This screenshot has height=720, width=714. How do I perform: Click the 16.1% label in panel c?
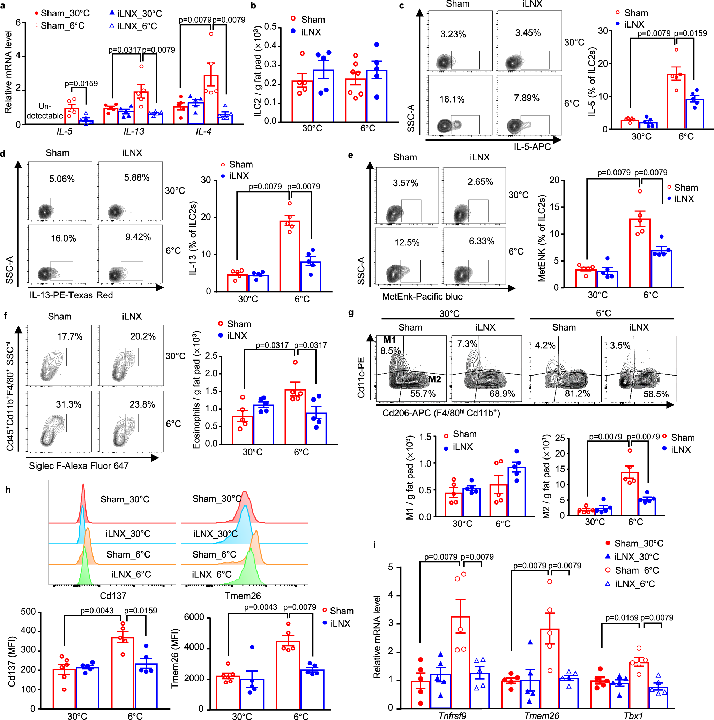click(x=452, y=99)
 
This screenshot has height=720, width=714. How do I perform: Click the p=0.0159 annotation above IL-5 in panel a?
click(x=81, y=84)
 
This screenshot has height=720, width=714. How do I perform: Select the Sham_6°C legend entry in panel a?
click(x=62, y=26)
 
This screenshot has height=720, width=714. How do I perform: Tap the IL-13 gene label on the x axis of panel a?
click(x=134, y=131)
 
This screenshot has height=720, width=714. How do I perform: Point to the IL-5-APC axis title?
click(x=532, y=147)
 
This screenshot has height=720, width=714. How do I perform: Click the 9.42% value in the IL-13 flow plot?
click(x=137, y=237)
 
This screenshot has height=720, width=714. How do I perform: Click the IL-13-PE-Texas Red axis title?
click(x=71, y=295)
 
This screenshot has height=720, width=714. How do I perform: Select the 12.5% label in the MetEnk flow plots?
click(x=407, y=243)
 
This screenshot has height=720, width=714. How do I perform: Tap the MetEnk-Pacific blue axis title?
click(x=422, y=297)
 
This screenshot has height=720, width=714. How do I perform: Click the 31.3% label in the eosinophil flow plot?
click(x=69, y=404)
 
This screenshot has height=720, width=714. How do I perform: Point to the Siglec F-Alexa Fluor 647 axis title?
click(x=79, y=466)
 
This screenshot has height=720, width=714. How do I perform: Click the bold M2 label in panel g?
click(x=434, y=380)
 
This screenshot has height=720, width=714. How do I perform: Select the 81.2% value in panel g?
click(x=577, y=394)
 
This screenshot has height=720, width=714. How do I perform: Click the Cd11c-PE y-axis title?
click(x=361, y=378)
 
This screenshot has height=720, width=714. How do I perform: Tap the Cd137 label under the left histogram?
click(x=113, y=596)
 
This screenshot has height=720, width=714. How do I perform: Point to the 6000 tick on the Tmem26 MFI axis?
click(x=194, y=617)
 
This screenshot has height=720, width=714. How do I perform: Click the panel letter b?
click(x=253, y=6)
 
